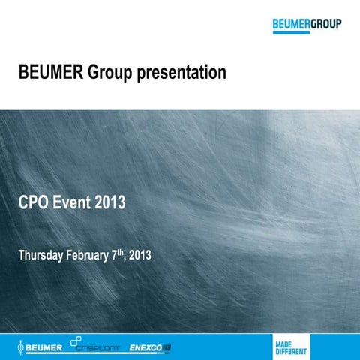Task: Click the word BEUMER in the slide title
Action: pyautogui.click(x=50, y=73)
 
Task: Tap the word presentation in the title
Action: pyautogui.click(x=184, y=73)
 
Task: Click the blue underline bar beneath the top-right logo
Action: pyautogui.click(x=307, y=31)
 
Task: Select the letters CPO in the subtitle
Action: pyautogui.click(x=34, y=202)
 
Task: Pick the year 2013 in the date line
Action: pyautogui.click(x=140, y=255)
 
